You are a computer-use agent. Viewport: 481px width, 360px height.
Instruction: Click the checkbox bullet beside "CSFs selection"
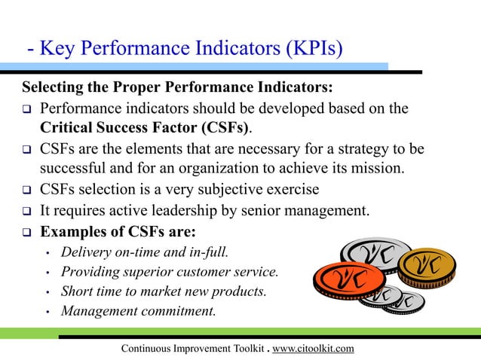click(25, 189)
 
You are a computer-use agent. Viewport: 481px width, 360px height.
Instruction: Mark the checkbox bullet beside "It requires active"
click(25, 210)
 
